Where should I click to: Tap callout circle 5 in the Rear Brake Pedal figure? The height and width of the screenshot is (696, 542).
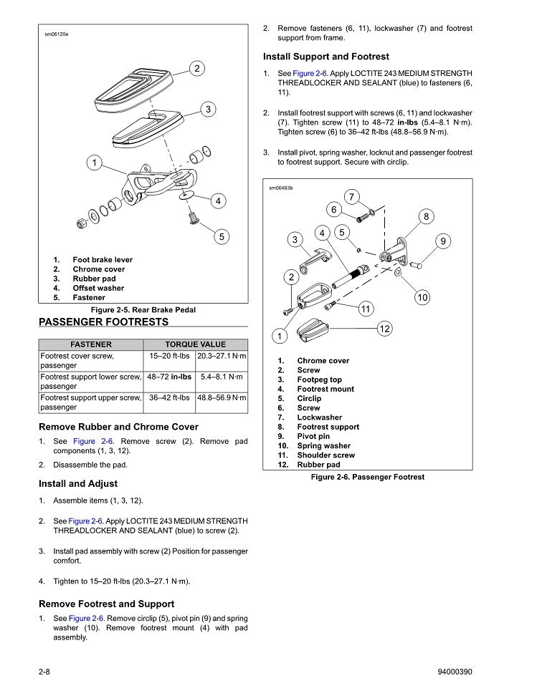click(x=222, y=236)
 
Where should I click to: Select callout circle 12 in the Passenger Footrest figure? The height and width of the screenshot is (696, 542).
click(x=384, y=329)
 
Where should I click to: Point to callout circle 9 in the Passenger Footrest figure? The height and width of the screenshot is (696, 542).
click(x=444, y=241)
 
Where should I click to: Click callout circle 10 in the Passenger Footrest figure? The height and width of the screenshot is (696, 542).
click(x=422, y=296)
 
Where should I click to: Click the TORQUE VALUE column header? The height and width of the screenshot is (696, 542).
click(x=195, y=344)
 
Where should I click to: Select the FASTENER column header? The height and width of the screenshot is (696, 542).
click(x=90, y=344)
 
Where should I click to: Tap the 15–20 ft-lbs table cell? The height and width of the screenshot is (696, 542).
click(x=169, y=356)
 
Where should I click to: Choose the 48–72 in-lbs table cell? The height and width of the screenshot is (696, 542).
click(x=169, y=377)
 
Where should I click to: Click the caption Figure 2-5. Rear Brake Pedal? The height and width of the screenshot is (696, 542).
click(x=143, y=310)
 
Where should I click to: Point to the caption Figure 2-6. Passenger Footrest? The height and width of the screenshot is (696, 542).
click(x=368, y=477)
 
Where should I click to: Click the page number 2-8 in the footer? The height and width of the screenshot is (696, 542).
click(x=48, y=672)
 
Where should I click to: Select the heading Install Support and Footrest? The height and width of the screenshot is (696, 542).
click(x=326, y=57)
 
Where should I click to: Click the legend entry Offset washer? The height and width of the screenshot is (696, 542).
click(x=98, y=288)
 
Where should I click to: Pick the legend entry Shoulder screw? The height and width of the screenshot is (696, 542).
click(x=325, y=455)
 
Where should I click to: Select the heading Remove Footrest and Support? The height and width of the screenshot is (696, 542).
click(x=106, y=604)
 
